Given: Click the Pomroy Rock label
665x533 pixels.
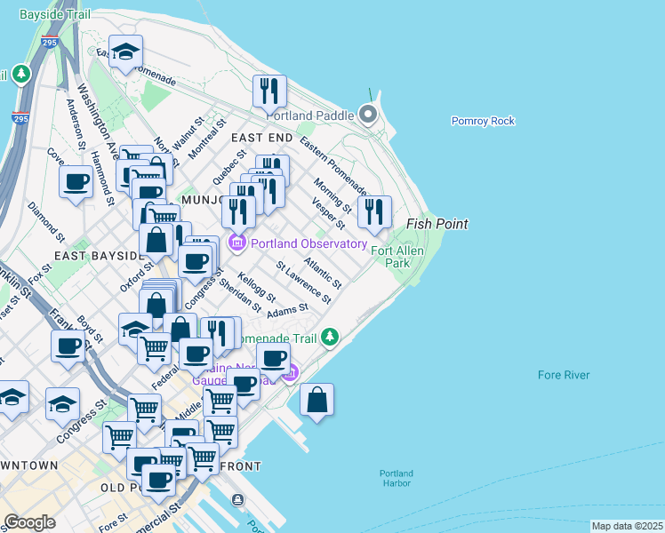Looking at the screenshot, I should coord(483,121).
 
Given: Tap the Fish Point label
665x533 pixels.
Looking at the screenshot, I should coord(437,224).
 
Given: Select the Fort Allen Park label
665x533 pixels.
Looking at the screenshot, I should coord(390,257).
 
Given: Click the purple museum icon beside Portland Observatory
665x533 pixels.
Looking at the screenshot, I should coord(237,243).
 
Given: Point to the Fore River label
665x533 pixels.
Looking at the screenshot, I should coord(564,375).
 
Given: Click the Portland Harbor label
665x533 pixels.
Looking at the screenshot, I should coord(397,478).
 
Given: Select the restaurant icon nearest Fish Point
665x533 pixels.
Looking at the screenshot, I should coord(374,212).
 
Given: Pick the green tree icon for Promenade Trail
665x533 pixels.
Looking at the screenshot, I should coord(330,337).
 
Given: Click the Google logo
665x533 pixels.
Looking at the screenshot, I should coord(29,522).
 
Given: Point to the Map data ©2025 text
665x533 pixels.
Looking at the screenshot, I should coord(627,526).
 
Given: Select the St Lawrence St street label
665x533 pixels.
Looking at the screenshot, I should coord(305,282).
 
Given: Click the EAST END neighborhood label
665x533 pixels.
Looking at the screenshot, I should coord(261,138).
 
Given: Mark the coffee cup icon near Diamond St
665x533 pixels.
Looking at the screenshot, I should coord(76,182).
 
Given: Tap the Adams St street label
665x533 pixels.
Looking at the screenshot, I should coord(288,311).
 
